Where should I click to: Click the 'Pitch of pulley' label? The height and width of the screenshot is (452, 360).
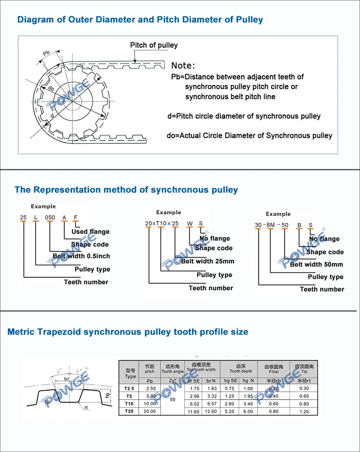click(154, 45)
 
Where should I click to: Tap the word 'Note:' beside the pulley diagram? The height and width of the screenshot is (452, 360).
click(183, 66)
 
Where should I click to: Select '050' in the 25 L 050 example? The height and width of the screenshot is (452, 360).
click(50, 217)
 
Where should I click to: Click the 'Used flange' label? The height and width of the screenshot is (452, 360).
click(90, 231)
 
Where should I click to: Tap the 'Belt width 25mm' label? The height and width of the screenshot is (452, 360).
click(208, 261)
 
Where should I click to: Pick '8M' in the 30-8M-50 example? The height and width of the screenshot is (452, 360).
click(271, 225)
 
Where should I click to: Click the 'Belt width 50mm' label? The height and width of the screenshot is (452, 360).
click(316, 264)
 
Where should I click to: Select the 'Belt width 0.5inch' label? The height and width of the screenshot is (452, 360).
click(81, 256)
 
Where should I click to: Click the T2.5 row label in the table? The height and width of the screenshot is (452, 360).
click(129, 388)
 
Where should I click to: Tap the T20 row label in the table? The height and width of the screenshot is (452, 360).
click(129, 411)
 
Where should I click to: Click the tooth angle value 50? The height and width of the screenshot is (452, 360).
click(172, 400)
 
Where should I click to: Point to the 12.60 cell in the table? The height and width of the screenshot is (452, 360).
click(210, 412)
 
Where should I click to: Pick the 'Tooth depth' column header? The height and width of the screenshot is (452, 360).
click(241, 371)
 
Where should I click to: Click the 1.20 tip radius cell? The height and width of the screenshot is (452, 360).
click(304, 412)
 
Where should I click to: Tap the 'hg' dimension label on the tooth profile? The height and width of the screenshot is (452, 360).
click(107, 395)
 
